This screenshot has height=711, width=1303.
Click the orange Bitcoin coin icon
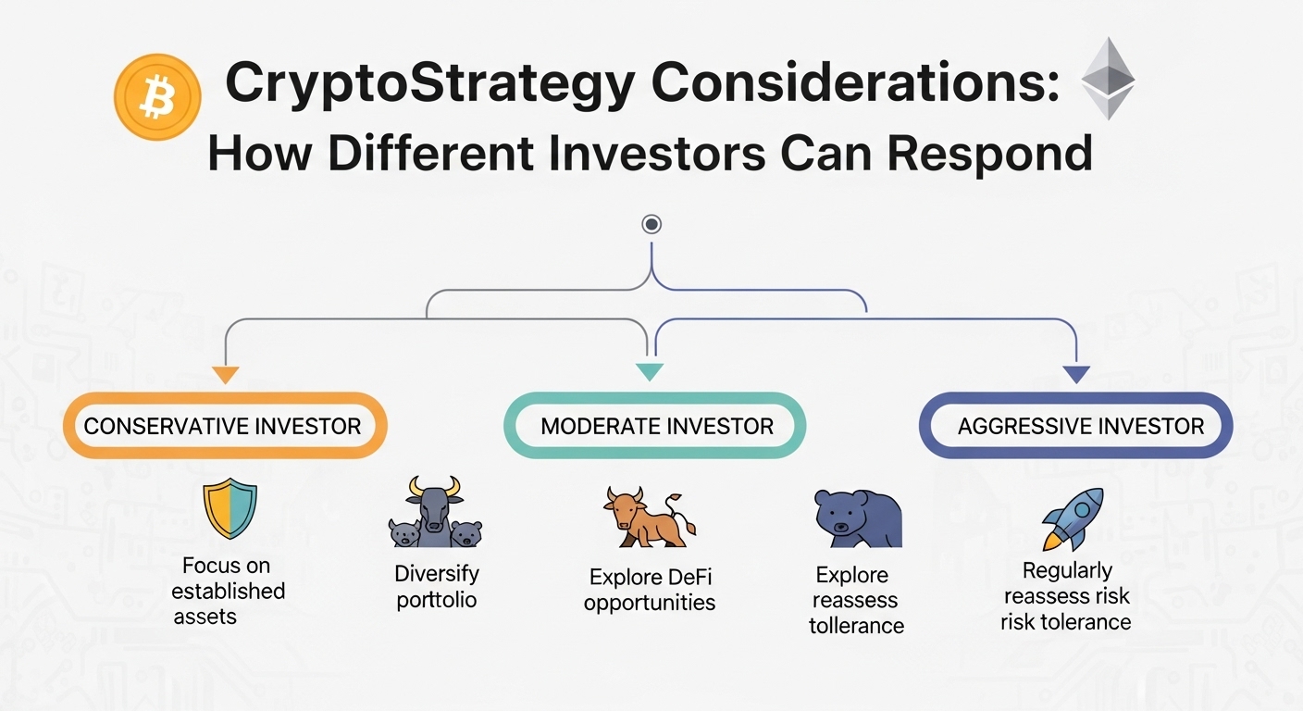click(157, 96)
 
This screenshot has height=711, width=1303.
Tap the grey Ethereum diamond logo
click(1108, 79)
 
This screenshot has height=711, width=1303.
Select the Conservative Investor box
click(224, 426)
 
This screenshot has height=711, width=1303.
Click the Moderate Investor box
click(655, 426)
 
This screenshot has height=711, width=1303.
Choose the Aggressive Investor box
click(1075, 426)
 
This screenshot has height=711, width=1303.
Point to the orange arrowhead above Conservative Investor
click(225, 375)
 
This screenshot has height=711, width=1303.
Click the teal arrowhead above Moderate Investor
click(650, 372)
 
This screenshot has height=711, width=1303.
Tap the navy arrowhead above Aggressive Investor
click(1075, 375)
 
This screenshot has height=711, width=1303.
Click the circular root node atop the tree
click(651, 224)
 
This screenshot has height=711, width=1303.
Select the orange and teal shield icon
click(230, 509)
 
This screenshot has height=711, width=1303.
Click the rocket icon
click(1073, 518)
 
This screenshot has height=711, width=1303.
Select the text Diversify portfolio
click(436, 587)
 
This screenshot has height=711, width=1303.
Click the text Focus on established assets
click(229, 591)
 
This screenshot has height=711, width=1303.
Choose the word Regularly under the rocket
click(1067, 570)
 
